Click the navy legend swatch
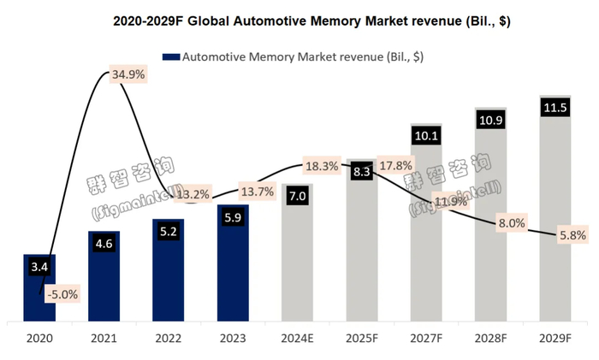click(169, 57)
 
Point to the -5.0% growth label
click(62, 295)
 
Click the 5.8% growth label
click(568, 233)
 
